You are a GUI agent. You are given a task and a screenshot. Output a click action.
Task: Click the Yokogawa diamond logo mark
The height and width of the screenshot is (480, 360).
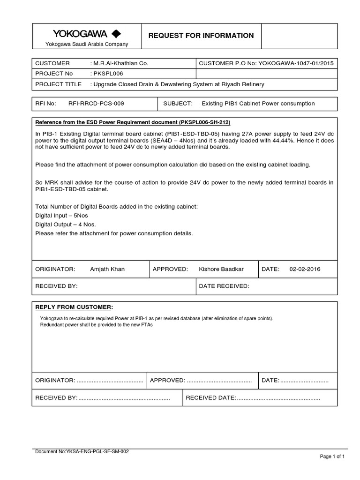116,34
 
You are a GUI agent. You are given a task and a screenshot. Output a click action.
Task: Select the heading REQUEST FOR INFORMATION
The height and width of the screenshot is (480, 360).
201,36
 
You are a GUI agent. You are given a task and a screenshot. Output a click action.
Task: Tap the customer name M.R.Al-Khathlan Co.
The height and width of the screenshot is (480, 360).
120,63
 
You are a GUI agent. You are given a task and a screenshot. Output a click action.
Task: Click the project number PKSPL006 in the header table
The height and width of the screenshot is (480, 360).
109,74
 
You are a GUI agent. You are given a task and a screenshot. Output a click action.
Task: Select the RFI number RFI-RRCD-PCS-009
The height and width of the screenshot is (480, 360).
96,103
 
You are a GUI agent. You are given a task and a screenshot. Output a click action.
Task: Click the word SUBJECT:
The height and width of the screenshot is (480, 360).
178,103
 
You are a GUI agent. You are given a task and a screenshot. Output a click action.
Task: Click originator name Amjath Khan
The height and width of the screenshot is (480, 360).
107,269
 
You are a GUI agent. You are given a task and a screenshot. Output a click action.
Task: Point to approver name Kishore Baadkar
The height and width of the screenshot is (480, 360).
222,269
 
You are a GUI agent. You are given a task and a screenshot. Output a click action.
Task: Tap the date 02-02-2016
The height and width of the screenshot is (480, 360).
305,269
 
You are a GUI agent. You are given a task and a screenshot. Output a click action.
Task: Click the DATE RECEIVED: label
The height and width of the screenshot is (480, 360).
225,286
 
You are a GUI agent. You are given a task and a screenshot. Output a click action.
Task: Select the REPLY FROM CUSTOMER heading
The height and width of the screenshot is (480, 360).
74,307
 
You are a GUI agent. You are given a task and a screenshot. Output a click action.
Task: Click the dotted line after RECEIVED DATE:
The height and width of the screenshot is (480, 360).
278,397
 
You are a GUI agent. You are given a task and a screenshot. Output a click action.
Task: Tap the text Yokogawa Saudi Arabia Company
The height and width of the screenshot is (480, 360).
86,44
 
